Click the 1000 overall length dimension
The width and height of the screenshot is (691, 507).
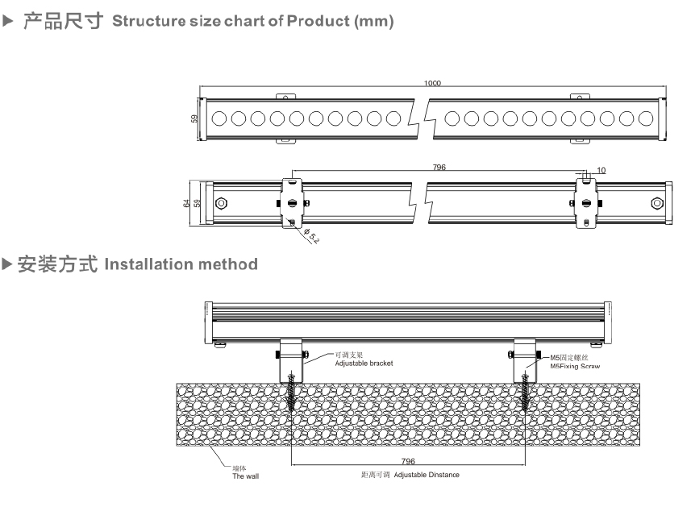(x=433, y=84)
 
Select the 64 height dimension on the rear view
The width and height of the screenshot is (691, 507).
(x=187, y=203)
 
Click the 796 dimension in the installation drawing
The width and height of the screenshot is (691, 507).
(x=407, y=461)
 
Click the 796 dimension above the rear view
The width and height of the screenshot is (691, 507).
(x=439, y=168)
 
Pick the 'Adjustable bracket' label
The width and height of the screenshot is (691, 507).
(x=364, y=364)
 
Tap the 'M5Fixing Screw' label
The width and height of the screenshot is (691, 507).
(x=575, y=366)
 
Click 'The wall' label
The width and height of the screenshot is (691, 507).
(x=245, y=476)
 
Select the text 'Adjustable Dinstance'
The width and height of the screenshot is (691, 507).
(x=427, y=475)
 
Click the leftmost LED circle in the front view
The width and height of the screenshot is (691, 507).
(x=219, y=119)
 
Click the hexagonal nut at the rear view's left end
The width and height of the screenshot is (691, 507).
(x=221, y=203)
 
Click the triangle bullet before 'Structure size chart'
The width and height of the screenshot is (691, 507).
(x=9, y=21)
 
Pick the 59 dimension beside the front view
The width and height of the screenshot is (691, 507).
(x=194, y=118)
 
